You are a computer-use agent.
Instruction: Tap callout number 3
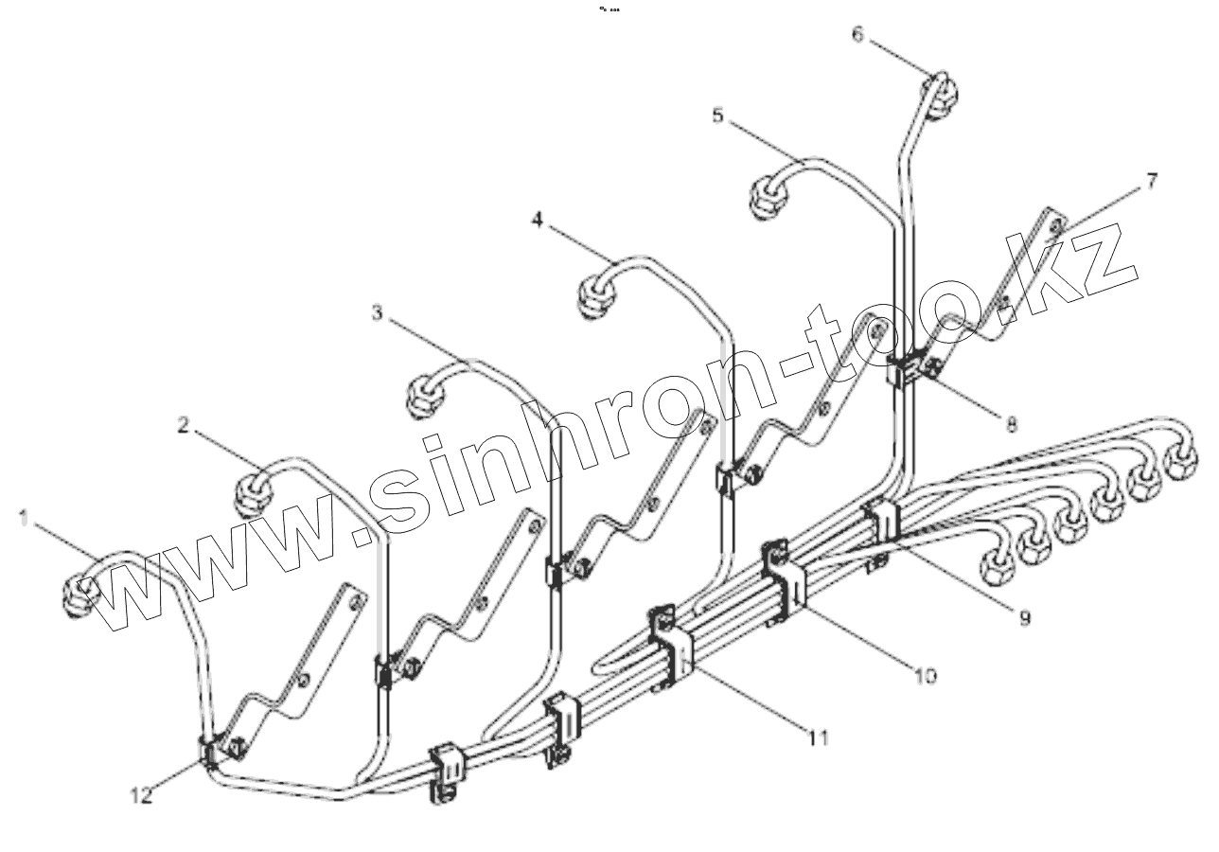pyautogui.click(x=378, y=313)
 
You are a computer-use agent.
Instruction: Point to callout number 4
pyautogui.click(x=537, y=219)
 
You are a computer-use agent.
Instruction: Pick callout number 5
pyautogui.click(x=717, y=115)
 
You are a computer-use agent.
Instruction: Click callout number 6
pyautogui.click(x=857, y=35)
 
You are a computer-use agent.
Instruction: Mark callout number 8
pyautogui.click(x=1011, y=425)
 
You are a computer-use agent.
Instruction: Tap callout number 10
pyautogui.click(x=925, y=675)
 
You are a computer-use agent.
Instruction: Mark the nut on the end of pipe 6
pyautogui.click(x=941, y=97)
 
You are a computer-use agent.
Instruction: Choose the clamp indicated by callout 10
pyautogui.click(x=786, y=579)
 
